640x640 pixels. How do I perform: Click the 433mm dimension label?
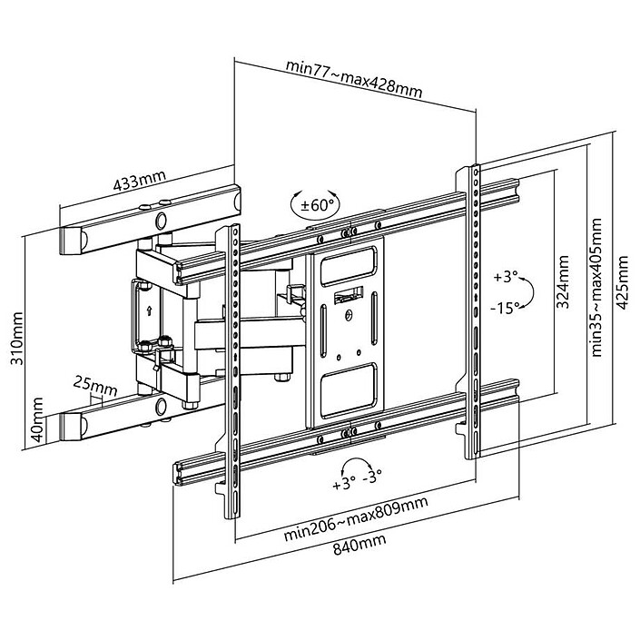click(138, 180)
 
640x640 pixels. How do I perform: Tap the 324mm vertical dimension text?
click(563, 281)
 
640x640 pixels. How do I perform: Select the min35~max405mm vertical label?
click(596, 286)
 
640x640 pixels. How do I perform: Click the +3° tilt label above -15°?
click(506, 276)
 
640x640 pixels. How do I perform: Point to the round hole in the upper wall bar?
click(162, 219)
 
